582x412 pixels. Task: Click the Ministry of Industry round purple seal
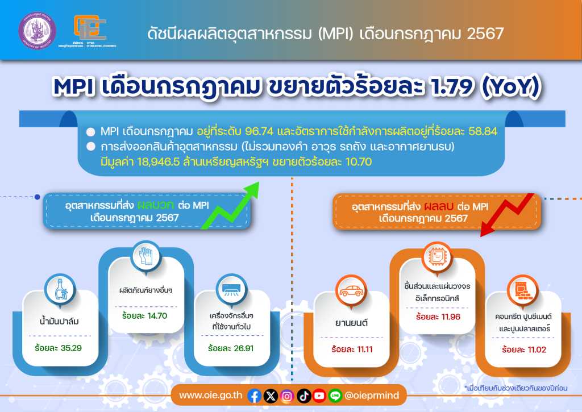(37, 31)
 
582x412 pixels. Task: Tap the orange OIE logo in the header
(89, 27)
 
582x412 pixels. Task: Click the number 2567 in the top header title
(485, 34)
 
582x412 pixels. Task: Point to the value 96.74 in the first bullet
(259, 131)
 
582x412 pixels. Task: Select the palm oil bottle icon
(61, 289)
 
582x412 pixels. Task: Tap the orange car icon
(351, 290)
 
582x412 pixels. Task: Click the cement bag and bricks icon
(523, 290)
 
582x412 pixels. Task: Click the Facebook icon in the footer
(254, 396)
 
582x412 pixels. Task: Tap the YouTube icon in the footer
(319, 396)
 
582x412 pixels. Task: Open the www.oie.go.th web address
(210, 396)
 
